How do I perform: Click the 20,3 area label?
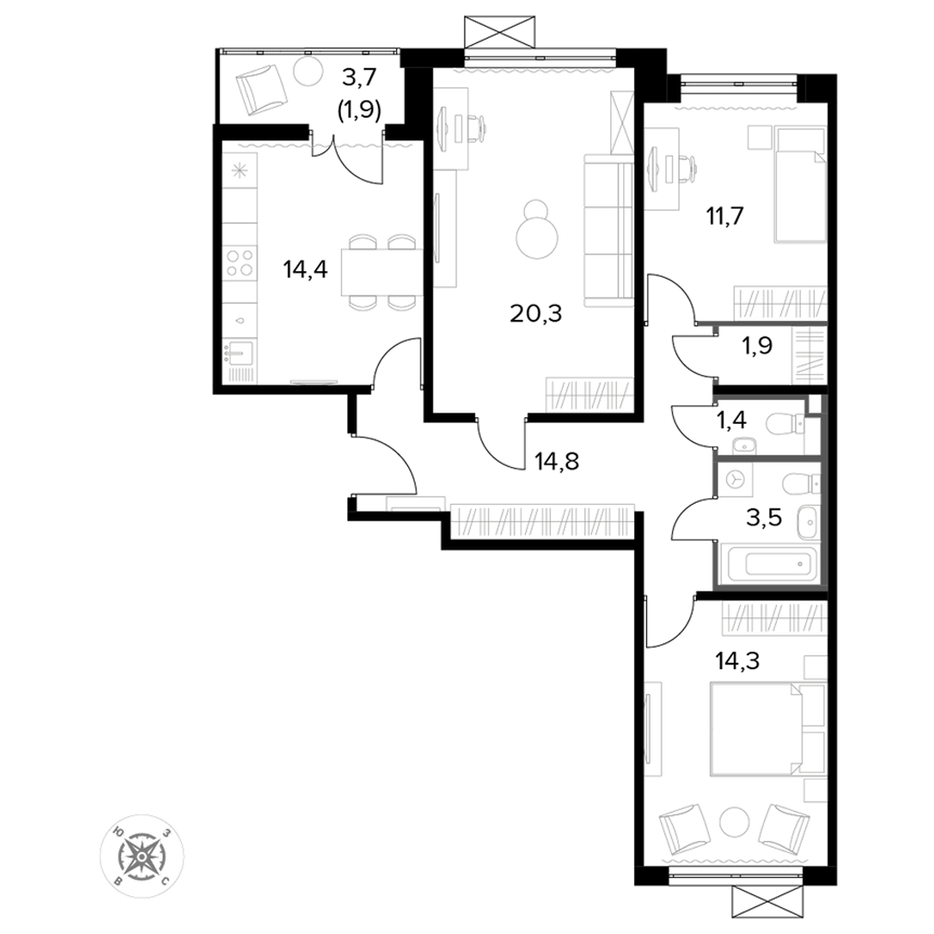point(535,314)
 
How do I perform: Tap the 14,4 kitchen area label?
point(305,270)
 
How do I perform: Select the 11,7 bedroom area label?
point(725,216)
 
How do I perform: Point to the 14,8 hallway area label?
point(557,461)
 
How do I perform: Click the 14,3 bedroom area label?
point(738,661)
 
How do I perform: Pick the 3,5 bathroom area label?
point(764,517)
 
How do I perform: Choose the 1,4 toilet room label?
point(731,421)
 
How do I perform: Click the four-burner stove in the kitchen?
point(240,262)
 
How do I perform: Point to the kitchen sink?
point(240,352)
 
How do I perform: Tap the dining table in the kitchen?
point(382,272)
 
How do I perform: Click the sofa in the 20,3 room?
point(608,230)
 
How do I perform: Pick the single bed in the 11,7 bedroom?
point(800,185)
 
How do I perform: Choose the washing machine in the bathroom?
point(735,479)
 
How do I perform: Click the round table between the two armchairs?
point(735,823)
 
